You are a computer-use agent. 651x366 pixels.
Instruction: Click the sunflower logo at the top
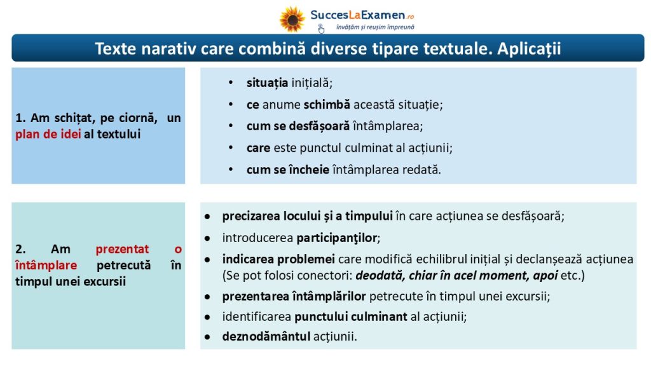click(x=292, y=19)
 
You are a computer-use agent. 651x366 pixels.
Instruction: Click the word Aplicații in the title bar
click(x=529, y=49)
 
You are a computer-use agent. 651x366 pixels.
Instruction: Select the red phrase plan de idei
click(x=48, y=134)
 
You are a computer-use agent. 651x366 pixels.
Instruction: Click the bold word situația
click(x=268, y=83)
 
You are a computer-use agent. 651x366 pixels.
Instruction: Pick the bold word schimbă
click(x=327, y=105)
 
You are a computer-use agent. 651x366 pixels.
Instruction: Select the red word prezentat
click(x=122, y=249)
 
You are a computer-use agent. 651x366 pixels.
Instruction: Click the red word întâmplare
click(x=46, y=265)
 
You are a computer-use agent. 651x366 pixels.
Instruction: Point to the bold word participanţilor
click(x=336, y=238)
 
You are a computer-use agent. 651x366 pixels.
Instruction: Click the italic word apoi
click(x=545, y=276)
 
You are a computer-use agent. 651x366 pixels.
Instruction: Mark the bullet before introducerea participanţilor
click(x=207, y=239)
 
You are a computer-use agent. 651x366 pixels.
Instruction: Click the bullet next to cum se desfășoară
click(x=231, y=126)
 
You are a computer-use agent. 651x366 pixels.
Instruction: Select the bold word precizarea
click(x=250, y=216)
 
